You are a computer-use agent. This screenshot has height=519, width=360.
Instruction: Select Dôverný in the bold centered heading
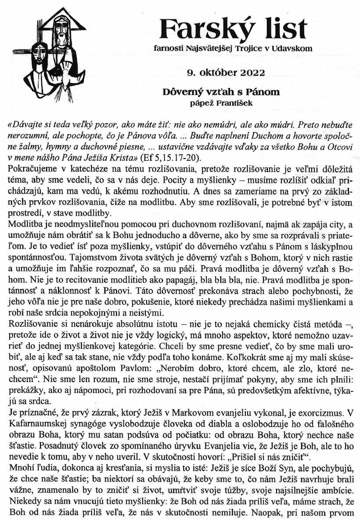tap(184, 93)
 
